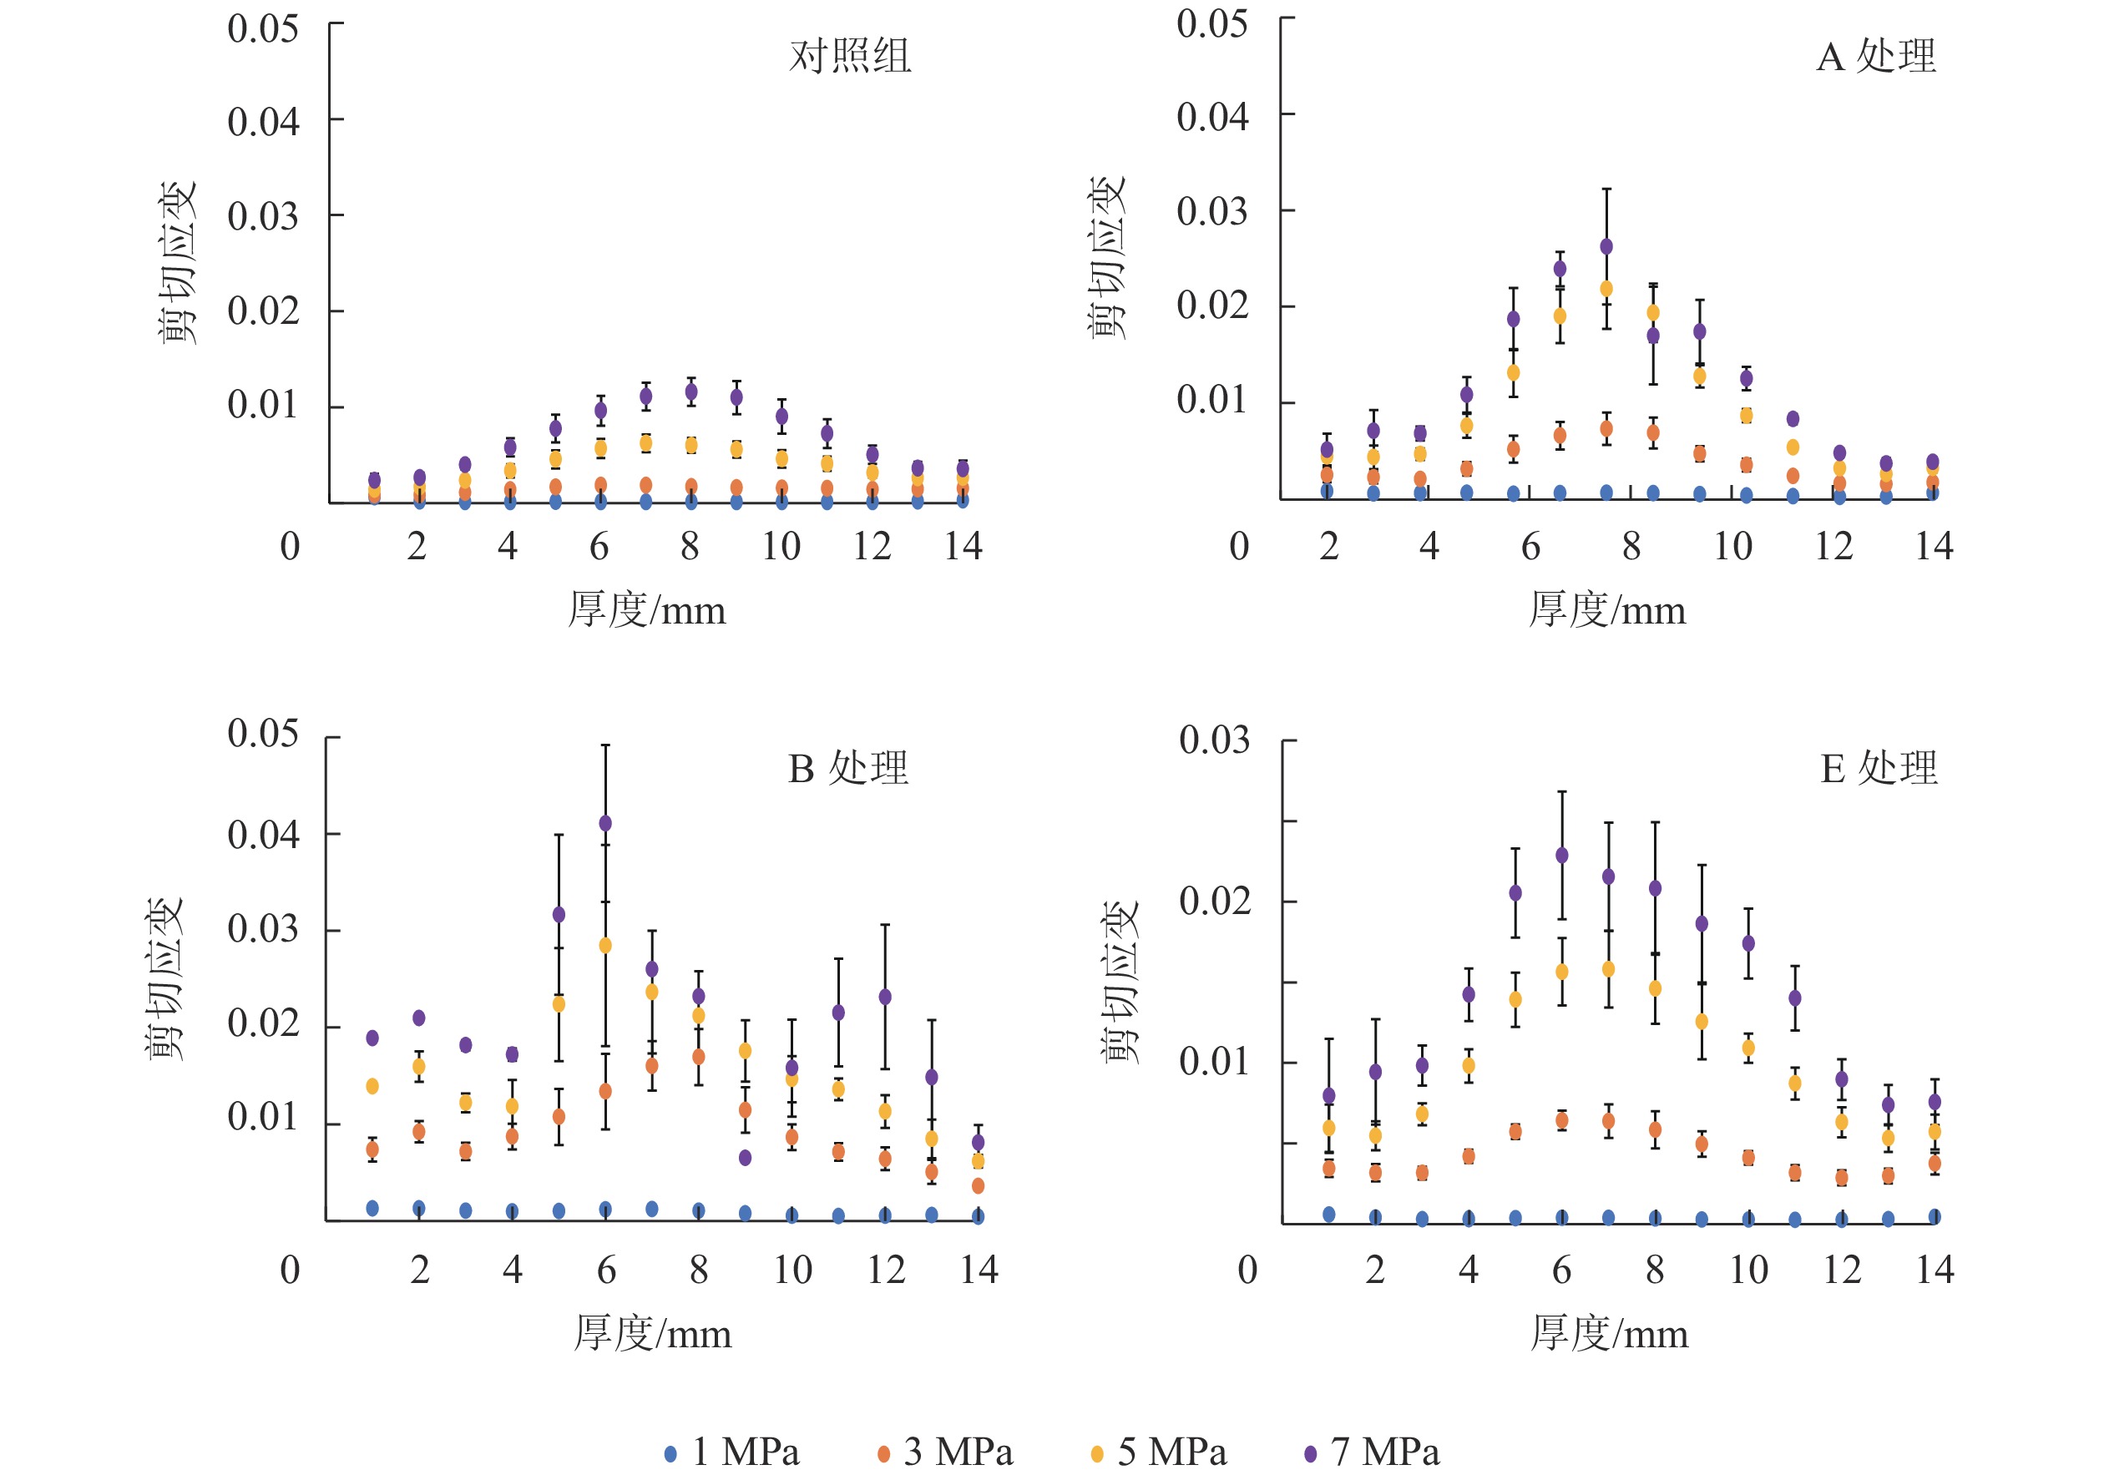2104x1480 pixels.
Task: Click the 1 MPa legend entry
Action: coord(732,1452)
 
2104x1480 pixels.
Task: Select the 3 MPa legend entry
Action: coord(946,1452)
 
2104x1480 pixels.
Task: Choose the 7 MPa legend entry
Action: coord(1372,1452)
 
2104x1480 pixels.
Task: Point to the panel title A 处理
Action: coord(1876,56)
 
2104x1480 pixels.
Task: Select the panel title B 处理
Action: coord(847,768)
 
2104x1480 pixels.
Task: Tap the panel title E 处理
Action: coord(1879,768)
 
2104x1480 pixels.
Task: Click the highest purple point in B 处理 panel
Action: coord(604,823)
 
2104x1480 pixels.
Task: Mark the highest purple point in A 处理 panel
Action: coord(1606,246)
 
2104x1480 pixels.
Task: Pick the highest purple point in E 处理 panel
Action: coord(1562,855)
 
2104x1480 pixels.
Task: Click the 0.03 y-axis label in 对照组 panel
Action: coord(263,217)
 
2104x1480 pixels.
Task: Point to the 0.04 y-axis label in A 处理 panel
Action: coord(1212,118)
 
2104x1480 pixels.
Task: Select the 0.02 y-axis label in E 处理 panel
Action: coord(1214,901)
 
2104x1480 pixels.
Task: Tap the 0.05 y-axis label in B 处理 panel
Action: coord(263,733)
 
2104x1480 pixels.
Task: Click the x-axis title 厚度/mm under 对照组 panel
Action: coord(647,609)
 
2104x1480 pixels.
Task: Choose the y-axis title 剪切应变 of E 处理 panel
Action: coord(1120,982)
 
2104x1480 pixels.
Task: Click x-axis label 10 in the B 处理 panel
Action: coord(792,1269)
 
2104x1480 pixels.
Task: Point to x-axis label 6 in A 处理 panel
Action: coord(1530,546)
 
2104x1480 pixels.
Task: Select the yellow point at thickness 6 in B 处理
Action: coord(604,945)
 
